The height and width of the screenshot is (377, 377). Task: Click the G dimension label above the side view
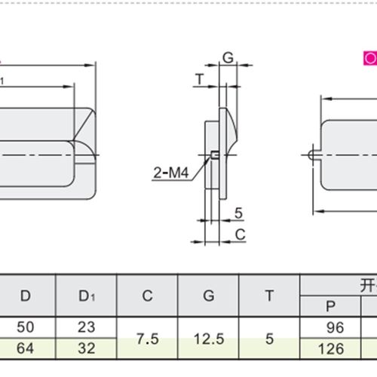228,57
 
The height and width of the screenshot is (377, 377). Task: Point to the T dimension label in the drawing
198,78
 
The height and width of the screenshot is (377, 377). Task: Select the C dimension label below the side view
240,234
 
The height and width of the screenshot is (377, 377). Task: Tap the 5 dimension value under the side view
238,212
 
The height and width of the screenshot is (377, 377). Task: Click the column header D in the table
26,296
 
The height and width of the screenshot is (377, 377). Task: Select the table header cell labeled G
208,296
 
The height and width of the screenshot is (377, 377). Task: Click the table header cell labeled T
269,296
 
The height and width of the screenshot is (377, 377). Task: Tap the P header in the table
329,307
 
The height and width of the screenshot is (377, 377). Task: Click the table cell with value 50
26,328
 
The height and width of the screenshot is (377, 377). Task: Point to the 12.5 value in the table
208,339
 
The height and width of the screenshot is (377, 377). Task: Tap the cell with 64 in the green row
26,350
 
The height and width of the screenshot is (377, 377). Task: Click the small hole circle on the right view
312,155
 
